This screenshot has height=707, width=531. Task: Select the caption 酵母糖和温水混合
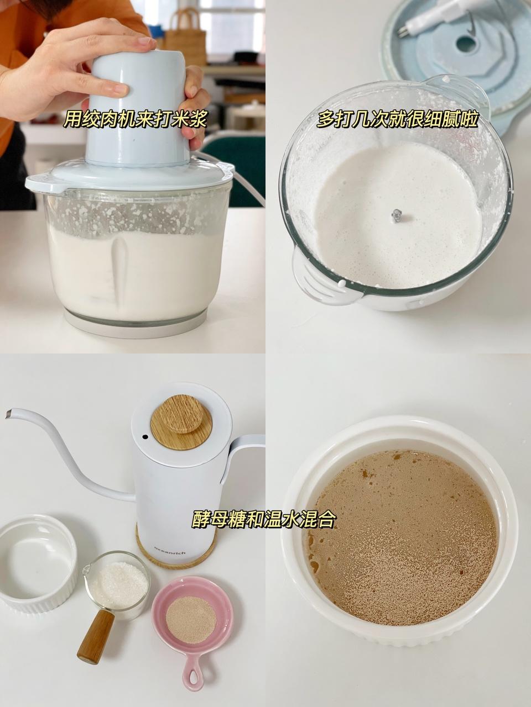264,519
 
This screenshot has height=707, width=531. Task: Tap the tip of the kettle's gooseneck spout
9,413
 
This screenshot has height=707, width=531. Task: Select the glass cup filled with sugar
118,580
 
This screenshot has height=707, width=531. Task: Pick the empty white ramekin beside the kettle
37,563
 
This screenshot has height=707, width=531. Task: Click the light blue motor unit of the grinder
138,110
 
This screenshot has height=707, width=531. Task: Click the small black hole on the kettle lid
145,437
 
